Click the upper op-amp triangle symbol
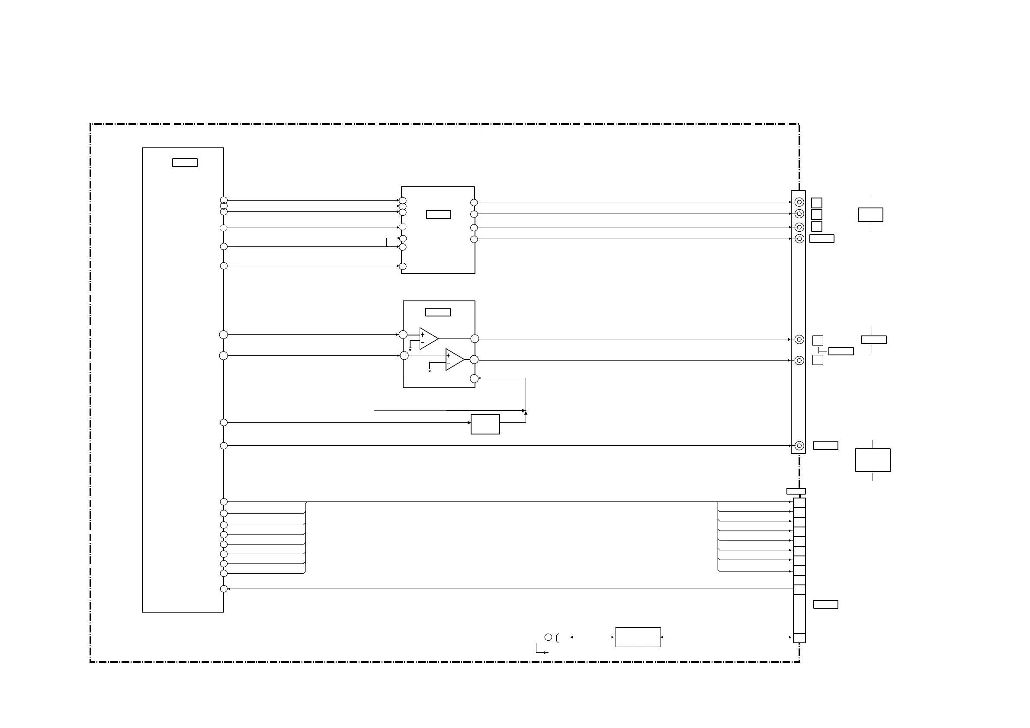pyautogui.click(x=428, y=338)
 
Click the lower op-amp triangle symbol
pyautogui.click(x=454, y=360)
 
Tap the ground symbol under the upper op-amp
pyautogui.click(x=410, y=348)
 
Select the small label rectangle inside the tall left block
pyautogui.click(x=185, y=163)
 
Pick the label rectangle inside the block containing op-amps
pyautogui.click(x=438, y=312)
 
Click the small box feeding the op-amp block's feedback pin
pyautogui.click(x=485, y=424)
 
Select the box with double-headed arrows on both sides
pyautogui.click(x=638, y=637)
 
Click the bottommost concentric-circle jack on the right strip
pyautogui.click(x=799, y=446)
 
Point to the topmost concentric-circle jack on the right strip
pyautogui.click(x=799, y=202)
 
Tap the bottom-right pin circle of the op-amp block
pyautogui.click(x=474, y=379)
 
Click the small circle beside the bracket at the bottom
pyautogui.click(x=548, y=637)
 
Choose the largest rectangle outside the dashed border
pyautogui.click(x=873, y=460)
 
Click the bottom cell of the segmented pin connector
pyautogui.click(x=799, y=638)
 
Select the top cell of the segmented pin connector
pyautogui.click(x=799, y=502)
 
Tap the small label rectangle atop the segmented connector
pyautogui.click(x=796, y=491)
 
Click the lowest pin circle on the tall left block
pyautogui.click(x=224, y=589)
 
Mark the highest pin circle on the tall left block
pyautogui.click(x=224, y=201)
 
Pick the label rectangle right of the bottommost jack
pyautogui.click(x=825, y=446)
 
